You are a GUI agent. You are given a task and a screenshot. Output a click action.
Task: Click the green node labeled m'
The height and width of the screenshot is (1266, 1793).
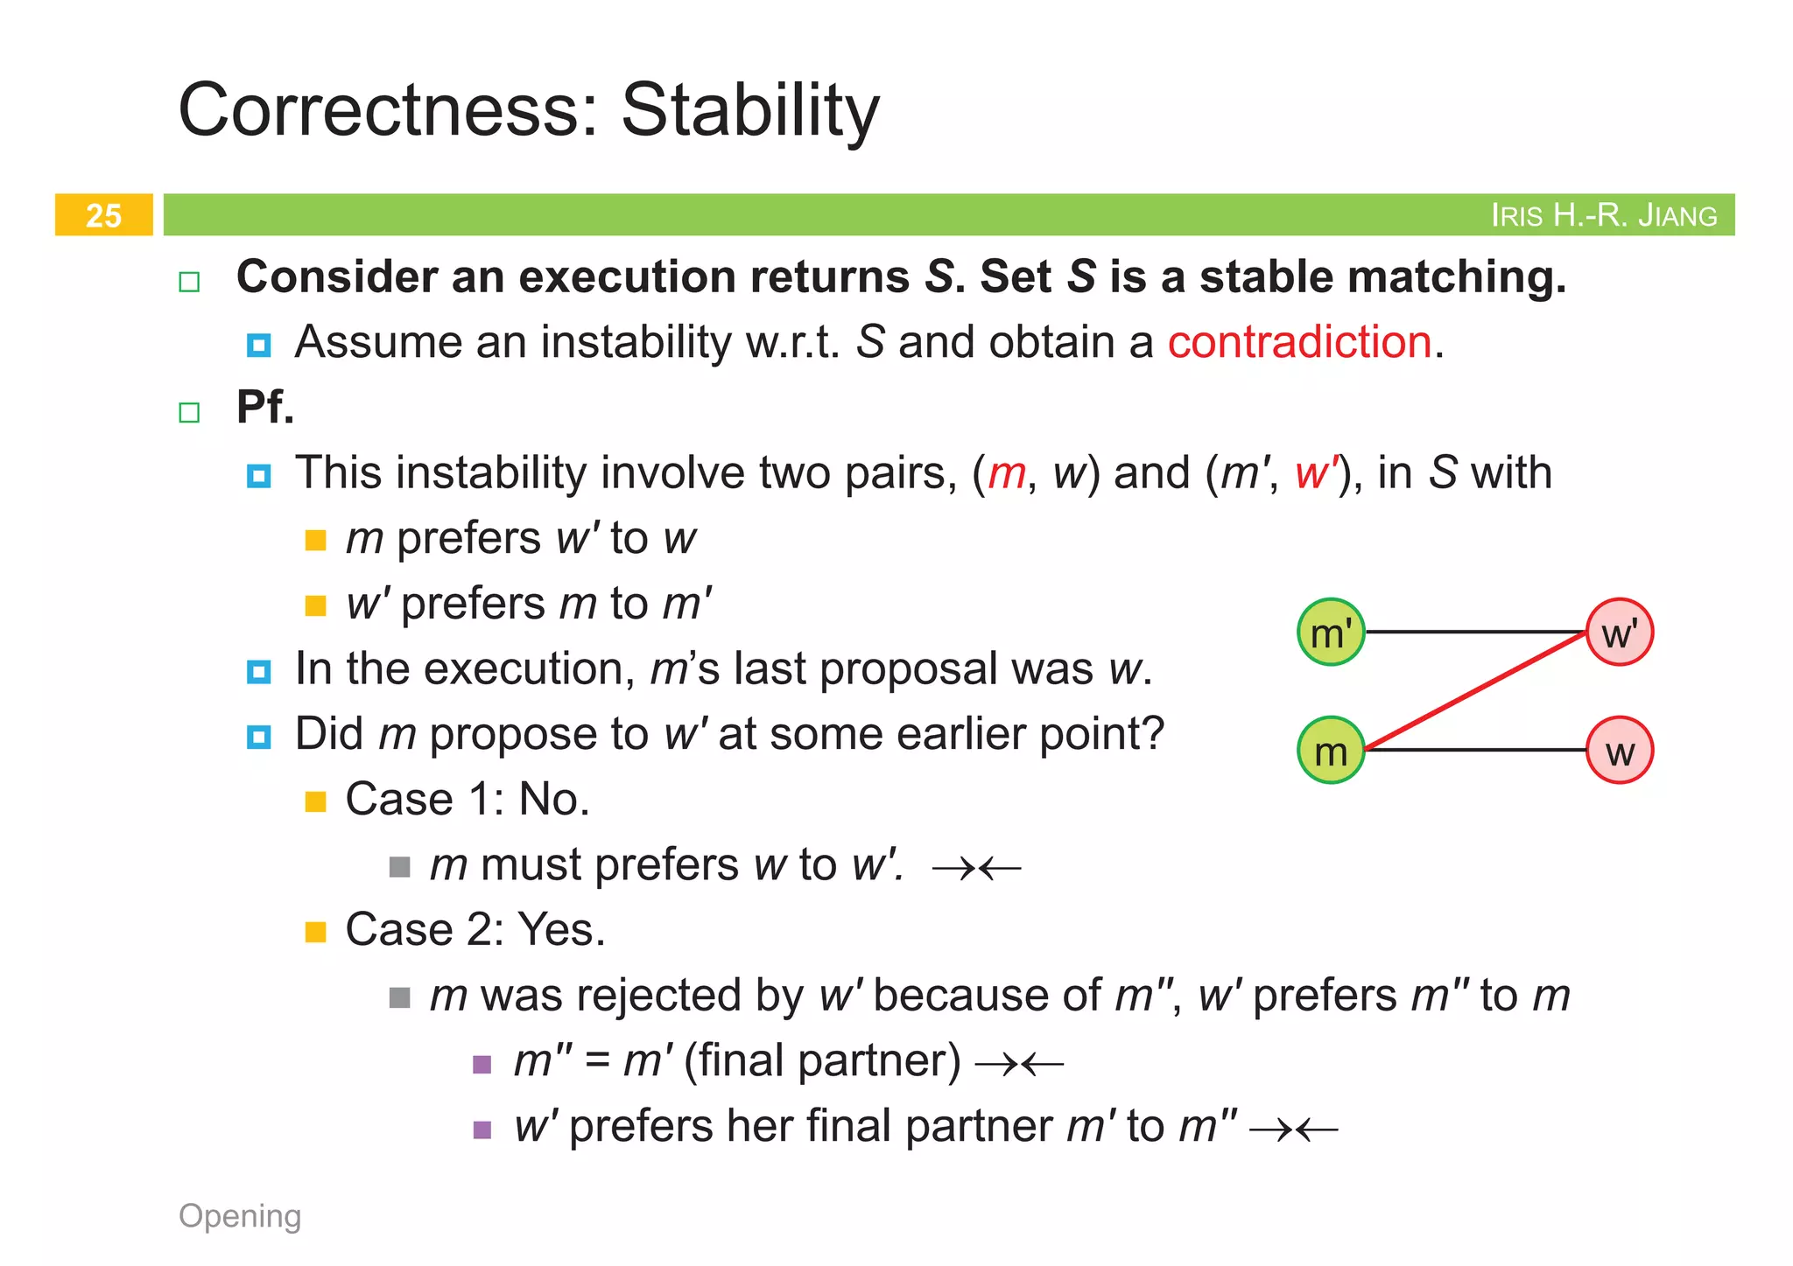[x=1330, y=633]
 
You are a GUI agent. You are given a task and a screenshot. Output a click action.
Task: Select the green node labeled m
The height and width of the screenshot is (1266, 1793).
[x=1330, y=751]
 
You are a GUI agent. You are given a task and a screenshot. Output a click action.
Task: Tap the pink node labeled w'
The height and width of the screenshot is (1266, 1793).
[x=1620, y=633]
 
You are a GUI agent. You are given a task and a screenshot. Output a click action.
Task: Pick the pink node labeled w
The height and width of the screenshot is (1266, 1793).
[x=1620, y=751]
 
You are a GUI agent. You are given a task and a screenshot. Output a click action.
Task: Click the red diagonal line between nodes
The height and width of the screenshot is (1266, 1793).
[x=1475, y=692]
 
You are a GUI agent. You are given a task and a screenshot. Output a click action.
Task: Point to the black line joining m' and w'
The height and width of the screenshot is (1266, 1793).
[x=1475, y=632]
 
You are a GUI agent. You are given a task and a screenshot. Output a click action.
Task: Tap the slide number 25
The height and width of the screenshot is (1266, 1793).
[x=103, y=215]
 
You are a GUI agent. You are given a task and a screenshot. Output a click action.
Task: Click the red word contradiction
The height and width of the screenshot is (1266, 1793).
[x=1299, y=341]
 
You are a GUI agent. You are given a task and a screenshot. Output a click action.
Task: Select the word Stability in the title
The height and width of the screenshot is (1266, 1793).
[x=749, y=110]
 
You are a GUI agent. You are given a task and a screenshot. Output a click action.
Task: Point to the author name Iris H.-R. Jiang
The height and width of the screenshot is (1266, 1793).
[x=1603, y=215]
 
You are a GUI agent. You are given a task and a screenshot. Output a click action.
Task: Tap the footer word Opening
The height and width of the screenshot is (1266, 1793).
[x=240, y=1216]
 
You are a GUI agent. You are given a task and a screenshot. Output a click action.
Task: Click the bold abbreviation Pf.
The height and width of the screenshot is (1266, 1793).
[x=265, y=407]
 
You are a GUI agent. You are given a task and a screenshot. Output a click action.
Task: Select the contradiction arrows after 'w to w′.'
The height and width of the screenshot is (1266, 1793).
[x=976, y=868]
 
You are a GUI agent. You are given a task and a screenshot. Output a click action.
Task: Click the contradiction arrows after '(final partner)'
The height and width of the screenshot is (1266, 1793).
[x=1019, y=1064]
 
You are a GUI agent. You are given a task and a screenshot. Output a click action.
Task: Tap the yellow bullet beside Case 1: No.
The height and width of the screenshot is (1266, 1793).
[x=315, y=801]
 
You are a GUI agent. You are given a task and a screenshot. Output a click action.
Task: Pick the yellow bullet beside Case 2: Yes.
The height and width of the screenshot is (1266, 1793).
[x=315, y=932]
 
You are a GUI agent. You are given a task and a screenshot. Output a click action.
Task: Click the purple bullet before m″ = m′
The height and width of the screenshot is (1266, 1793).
[x=482, y=1064]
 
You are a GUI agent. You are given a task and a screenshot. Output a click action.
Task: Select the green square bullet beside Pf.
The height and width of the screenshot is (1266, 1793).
[x=189, y=412]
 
